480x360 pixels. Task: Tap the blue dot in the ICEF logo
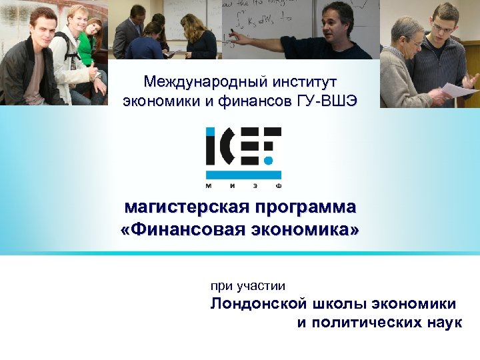tap(269, 161)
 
